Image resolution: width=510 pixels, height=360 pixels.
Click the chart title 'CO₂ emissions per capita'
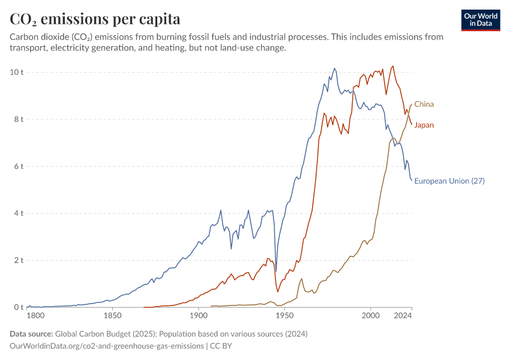pos(95,19)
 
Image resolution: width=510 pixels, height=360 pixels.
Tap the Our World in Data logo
pos(481,20)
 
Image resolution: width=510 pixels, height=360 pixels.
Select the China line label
pos(424,104)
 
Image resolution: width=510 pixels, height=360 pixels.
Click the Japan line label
pos(424,125)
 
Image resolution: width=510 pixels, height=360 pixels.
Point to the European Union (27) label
pos(449,181)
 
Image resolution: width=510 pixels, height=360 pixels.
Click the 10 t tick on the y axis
pos(17,72)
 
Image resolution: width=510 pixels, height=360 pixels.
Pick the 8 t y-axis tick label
pos(19,119)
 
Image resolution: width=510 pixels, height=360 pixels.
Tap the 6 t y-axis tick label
pos(19,167)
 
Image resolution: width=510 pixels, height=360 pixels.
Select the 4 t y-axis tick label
pos(19,214)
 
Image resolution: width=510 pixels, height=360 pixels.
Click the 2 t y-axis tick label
pos(19,260)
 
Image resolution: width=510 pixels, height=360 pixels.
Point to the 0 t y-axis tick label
pos(19,307)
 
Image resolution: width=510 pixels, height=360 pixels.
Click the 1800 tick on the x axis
pos(35,316)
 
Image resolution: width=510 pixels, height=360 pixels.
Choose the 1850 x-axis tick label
pos(113,316)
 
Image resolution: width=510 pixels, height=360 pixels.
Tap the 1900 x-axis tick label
pos(199,316)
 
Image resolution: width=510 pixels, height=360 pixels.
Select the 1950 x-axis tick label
pos(284,316)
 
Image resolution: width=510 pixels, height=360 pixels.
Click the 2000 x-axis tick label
pos(370,316)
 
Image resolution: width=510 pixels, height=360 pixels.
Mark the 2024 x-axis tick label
pos(403,316)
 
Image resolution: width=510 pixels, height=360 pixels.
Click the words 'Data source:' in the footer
pos(31,334)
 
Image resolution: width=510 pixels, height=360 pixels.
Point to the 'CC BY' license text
pos(221,346)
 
